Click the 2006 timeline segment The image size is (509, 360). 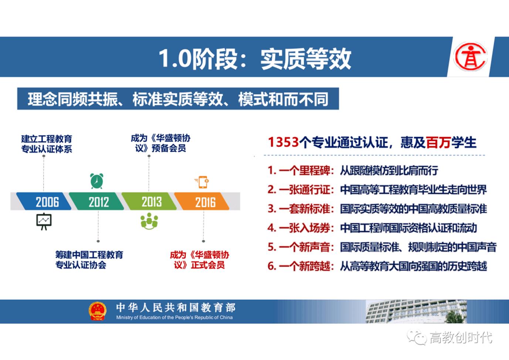pyautogui.click(x=45, y=202)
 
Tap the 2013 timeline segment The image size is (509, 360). pyautogui.click(x=151, y=202)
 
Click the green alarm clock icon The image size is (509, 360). pyautogui.click(x=97, y=181)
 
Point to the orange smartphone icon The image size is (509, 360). pyautogui.click(x=203, y=182)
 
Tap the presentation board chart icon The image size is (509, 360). pyautogui.click(x=44, y=221)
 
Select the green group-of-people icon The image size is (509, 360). pyautogui.click(x=149, y=221)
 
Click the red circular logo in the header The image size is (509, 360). pyautogui.click(x=470, y=57)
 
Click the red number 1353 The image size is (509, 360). pyautogui.click(x=283, y=142)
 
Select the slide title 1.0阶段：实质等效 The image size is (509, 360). pyautogui.click(x=255, y=58)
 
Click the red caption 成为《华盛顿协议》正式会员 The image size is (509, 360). pyautogui.click(x=200, y=260)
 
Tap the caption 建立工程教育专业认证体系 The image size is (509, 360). pyautogui.click(x=47, y=144)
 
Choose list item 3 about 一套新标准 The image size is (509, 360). pyautogui.click(x=377, y=209)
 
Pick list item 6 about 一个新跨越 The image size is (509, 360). pyautogui.click(x=377, y=266)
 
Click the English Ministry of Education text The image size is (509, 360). pyautogui.click(x=174, y=317)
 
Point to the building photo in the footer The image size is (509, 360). pyautogui.click(x=416, y=312)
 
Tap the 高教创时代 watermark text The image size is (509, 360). pyautogui.click(x=461, y=337)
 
